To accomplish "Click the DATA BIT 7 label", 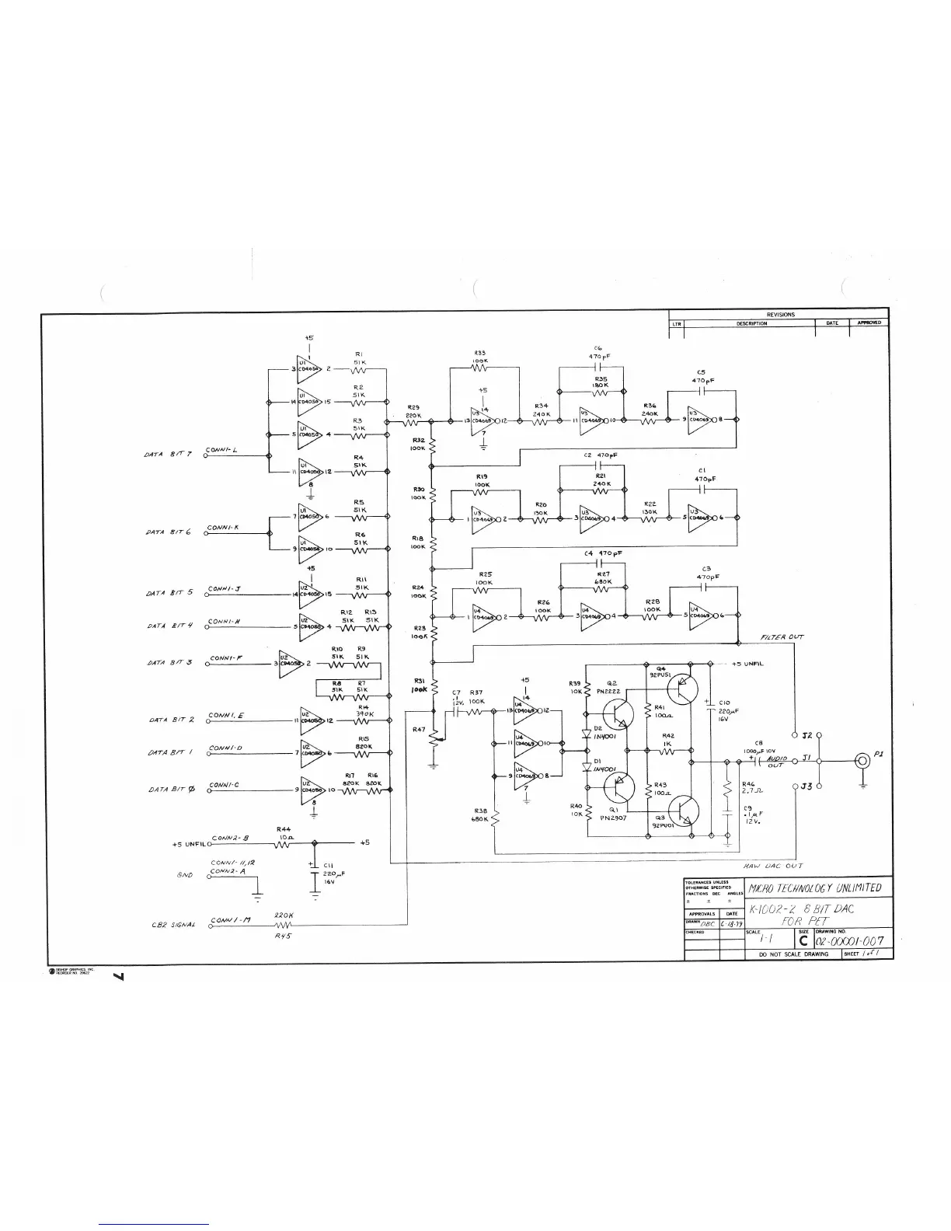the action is tap(167, 455).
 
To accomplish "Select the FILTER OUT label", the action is tap(782, 637).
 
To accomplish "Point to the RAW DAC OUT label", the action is tap(773, 866).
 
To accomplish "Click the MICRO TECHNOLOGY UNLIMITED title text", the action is tap(813, 888).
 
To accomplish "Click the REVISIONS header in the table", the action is tap(780, 315).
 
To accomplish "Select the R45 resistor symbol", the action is tap(283, 925).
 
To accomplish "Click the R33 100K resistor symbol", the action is tap(480, 368).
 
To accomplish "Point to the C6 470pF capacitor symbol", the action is tap(598, 365).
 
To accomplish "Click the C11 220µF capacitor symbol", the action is tap(314, 870).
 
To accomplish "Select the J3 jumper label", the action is tap(806, 786).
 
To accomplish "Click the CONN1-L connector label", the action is tap(222, 450).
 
